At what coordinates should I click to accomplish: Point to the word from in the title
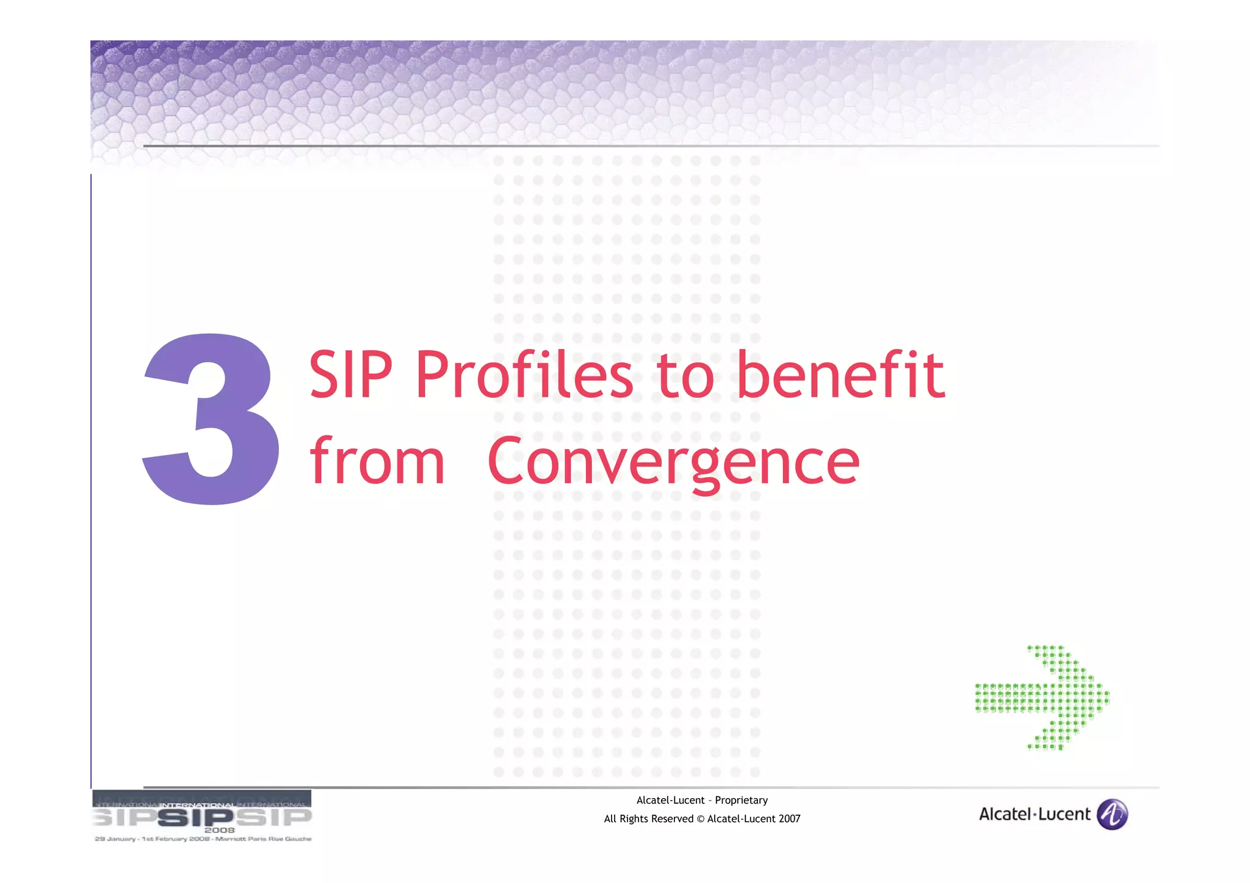[x=377, y=461]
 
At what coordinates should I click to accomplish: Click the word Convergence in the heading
[x=673, y=461]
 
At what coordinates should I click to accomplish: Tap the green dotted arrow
[x=1042, y=697]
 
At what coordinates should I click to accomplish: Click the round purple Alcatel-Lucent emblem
[x=1112, y=814]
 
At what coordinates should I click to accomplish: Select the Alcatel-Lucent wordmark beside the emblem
[x=1034, y=814]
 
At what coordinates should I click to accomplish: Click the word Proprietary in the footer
[x=741, y=800]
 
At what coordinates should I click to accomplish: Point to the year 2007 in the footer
[x=789, y=819]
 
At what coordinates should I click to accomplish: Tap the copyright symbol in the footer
[x=700, y=819]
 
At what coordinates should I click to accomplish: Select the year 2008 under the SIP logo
[x=219, y=830]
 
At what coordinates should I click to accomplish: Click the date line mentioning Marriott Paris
[x=203, y=839]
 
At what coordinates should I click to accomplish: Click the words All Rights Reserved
[x=648, y=819]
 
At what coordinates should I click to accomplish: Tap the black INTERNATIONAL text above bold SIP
[x=197, y=806]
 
